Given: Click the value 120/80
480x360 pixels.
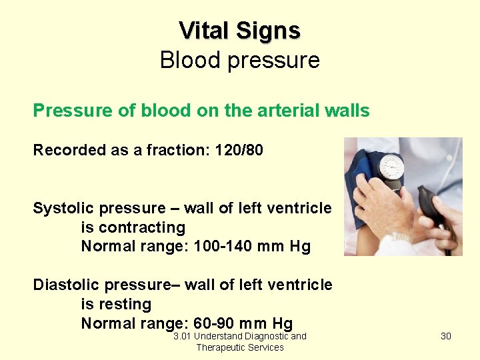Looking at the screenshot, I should click(x=239, y=150).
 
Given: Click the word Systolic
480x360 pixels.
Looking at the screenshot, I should click(x=65, y=209).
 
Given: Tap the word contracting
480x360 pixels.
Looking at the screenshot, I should click(x=133, y=228).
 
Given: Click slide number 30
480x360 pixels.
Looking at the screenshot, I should click(x=446, y=336).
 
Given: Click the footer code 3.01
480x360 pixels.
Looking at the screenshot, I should click(x=182, y=336).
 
